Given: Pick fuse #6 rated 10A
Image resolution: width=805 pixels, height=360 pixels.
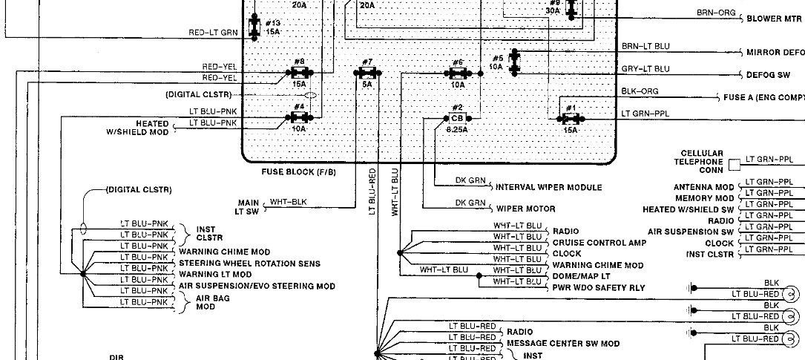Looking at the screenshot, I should (x=458, y=73).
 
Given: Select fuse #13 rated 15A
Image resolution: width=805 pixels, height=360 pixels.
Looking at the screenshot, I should (x=254, y=27).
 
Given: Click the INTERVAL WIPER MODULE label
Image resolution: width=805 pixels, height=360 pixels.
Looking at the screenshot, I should (x=548, y=187).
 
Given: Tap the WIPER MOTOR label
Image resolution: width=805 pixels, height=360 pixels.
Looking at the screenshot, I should (x=525, y=209).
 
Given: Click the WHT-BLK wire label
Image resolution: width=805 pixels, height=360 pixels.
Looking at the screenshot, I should (x=288, y=202).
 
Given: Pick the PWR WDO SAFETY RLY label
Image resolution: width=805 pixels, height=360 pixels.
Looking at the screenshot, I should (x=599, y=287).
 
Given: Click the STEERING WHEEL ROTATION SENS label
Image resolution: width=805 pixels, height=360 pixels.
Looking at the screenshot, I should (x=249, y=264).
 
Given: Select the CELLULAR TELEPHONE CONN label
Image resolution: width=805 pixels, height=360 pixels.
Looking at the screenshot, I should (x=698, y=161).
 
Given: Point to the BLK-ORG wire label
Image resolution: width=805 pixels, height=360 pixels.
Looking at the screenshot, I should (x=640, y=91).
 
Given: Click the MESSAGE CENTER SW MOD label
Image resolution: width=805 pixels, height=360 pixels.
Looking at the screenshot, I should (x=562, y=344).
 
